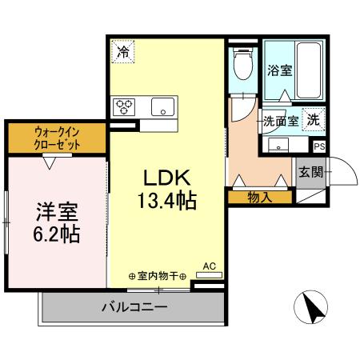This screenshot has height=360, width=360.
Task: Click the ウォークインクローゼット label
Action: click(x=57, y=138)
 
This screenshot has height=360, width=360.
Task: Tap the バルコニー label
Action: click(x=134, y=306)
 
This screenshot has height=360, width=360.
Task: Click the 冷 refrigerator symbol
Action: click(x=122, y=54)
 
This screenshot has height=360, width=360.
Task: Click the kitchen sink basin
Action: click(x=163, y=106)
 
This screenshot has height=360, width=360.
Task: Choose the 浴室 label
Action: click(x=280, y=70)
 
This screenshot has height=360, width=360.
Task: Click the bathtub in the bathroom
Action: click(x=310, y=70)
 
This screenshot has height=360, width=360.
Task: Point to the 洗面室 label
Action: click(x=282, y=122)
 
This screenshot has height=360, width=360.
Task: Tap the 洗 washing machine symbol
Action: click(x=315, y=120)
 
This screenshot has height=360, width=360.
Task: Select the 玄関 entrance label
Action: click(x=310, y=170)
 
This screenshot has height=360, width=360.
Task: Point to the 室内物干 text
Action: click(x=158, y=277)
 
